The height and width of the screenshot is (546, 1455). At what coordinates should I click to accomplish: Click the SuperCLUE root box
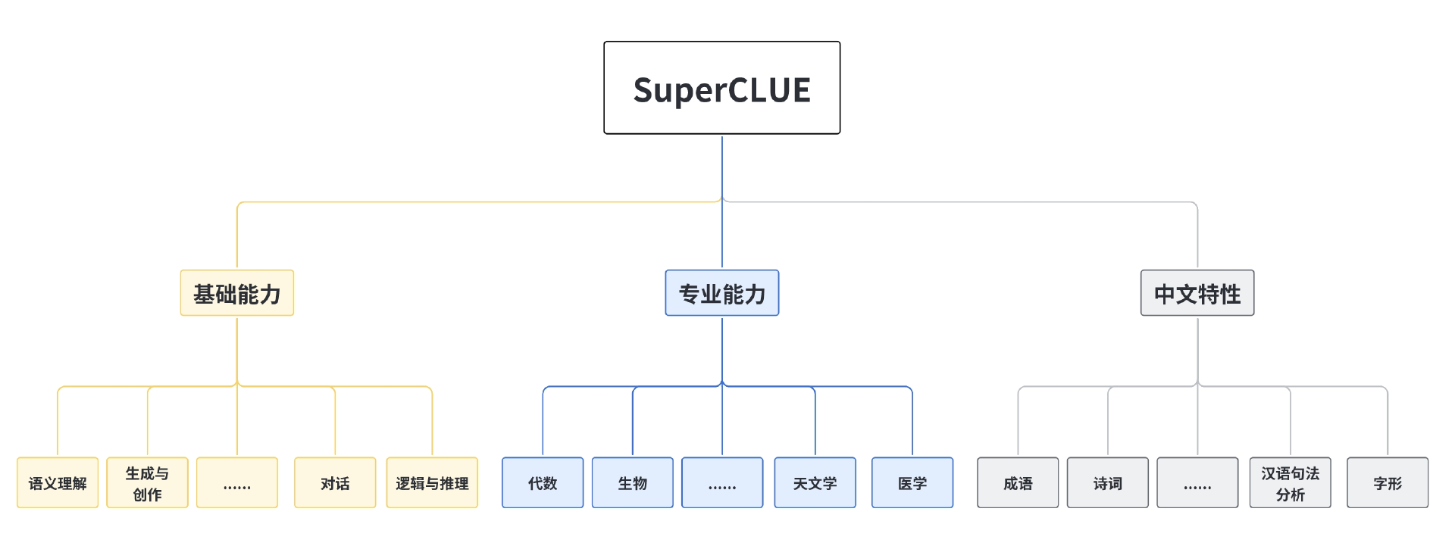pos(721,88)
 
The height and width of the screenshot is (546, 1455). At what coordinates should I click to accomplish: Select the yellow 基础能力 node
pos(237,293)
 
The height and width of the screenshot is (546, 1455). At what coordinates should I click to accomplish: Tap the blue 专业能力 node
pos(721,293)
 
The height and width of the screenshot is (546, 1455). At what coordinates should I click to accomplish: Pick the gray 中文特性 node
pos(1197,293)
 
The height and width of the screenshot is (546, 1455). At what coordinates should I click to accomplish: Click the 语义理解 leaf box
pos(58,482)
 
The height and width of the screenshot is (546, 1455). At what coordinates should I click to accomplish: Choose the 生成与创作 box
pos(147,482)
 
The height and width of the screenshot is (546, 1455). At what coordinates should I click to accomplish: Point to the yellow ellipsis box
pos(237,482)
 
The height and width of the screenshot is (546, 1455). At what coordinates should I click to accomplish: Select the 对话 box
pos(335,482)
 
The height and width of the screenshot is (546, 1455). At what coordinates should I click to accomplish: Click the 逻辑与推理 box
pos(432,482)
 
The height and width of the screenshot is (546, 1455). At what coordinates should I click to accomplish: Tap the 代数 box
pos(543,482)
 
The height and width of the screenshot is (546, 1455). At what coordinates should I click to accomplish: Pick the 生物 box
pos(633,482)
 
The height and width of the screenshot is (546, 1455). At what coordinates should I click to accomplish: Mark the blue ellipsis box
pos(722,482)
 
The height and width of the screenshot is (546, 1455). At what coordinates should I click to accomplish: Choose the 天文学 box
pos(815,482)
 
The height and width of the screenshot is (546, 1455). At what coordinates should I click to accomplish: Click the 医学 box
pos(912,482)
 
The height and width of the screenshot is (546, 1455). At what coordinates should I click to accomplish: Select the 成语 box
pos(1018,482)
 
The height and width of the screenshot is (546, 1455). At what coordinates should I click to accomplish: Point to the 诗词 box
pos(1108,482)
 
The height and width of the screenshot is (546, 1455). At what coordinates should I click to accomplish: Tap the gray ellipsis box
pos(1197,482)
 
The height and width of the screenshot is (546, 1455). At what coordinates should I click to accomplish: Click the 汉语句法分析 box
pos(1291,482)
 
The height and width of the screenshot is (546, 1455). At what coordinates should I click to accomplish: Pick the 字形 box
pos(1388,482)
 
